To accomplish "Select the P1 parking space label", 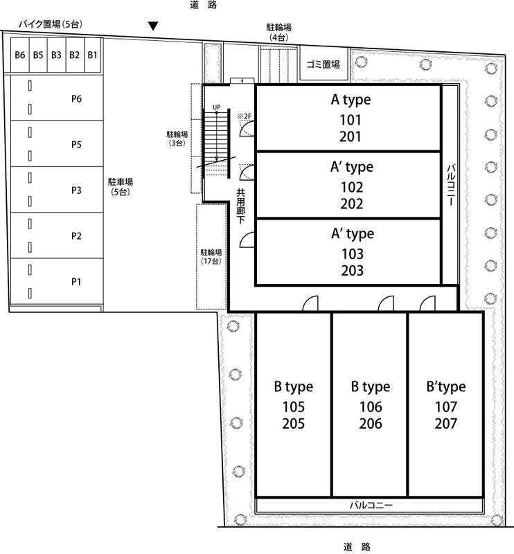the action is pos(76,282).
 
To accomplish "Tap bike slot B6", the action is pos(20,55).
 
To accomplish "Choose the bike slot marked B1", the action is pos(92,55).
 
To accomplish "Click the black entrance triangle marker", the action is pos(153,26).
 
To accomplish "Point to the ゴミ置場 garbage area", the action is pos(323,64).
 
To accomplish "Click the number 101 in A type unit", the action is pos(351,120).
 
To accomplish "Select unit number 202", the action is pos(352,204).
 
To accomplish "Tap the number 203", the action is pos(353,271).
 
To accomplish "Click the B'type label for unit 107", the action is pos(446,387).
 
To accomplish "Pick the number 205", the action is pos(294,424).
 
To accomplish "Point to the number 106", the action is pos(371,407).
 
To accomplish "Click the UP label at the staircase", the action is pos(217,107).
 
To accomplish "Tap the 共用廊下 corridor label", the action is pos(241,206).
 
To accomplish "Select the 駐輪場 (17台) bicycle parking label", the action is pos(211,257).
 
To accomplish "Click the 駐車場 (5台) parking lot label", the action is pos(121,187).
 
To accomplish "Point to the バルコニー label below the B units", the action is pos(371,506).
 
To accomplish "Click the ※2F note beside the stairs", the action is pos(245,116).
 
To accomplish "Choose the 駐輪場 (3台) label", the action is pos(177,138).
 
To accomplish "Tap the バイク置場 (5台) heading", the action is pos(51,24).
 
